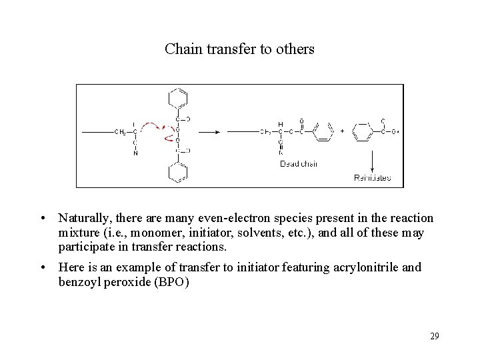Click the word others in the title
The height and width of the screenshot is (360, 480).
[x=296, y=49]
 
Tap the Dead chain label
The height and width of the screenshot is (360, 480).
[x=298, y=164]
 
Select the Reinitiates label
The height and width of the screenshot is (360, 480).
[x=372, y=177]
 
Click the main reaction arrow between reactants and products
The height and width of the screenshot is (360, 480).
[x=210, y=132]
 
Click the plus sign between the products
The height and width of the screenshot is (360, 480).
[x=343, y=131]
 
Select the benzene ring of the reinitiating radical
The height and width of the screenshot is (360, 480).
[x=363, y=131]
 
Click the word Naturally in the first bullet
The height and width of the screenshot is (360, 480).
[x=83, y=218]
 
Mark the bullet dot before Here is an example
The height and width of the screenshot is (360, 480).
[x=42, y=267]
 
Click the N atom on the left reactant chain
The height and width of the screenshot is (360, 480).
[x=135, y=153]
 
